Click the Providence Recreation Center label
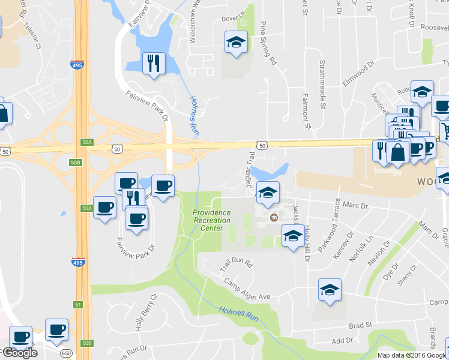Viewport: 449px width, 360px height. pyautogui.click(x=211, y=220)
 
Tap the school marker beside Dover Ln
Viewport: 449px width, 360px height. pyautogui.click(x=236, y=43)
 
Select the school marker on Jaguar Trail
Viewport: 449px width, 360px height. pyautogui.click(x=268, y=193)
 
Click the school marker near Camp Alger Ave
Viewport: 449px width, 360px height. pyautogui.click(x=329, y=290)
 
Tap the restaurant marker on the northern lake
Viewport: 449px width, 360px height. pyautogui.click(x=154, y=63)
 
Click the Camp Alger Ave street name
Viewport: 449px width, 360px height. pyautogui.click(x=247, y=289)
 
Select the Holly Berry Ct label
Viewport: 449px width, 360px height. pyautogui.click(x=146, y=313)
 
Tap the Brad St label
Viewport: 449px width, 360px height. pyautogui.click(x=358, y=326)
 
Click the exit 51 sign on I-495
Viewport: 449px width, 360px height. pyautogui.click(x=77, y=305)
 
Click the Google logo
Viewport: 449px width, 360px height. pyautogui.click(x=20, y=353)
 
